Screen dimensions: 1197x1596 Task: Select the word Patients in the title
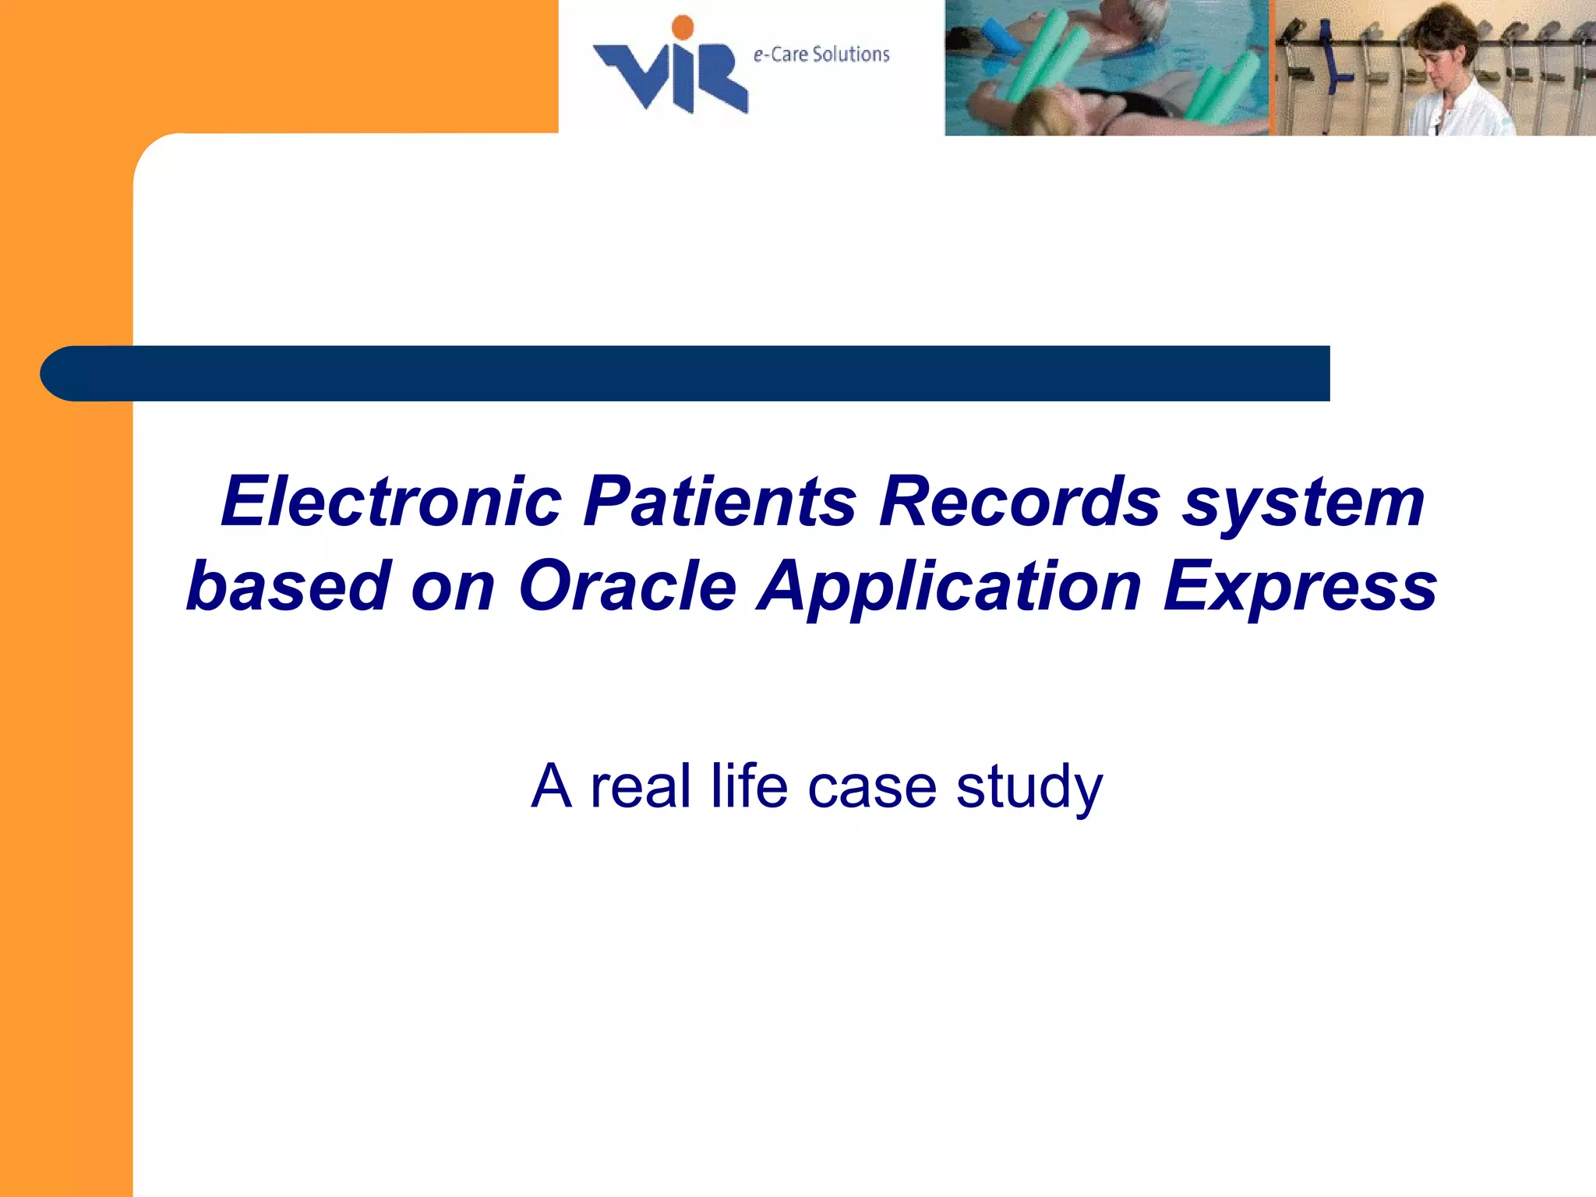click(720, 502)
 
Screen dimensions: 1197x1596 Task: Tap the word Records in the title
click(1020, 502)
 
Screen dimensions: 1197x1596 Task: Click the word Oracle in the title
click(627, 586)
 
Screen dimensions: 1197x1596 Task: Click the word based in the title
click(288, 586)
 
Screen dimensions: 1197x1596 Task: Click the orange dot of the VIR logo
click(683, 27)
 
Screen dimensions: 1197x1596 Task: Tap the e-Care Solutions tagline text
click(821, 55)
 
